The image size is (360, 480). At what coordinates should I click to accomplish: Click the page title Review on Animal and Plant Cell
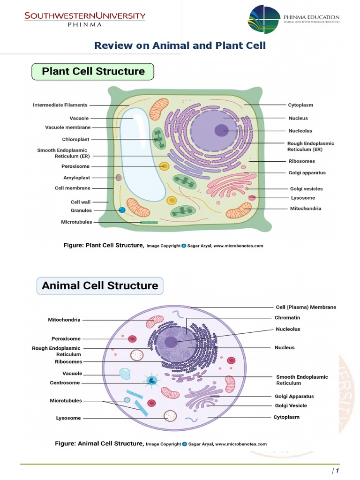pos(180,45)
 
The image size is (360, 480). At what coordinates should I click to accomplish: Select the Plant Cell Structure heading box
pos(93,72)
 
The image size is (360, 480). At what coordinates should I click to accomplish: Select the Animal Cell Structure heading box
pos(100,285)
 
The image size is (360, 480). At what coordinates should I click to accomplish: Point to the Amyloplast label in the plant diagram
pos(76,178)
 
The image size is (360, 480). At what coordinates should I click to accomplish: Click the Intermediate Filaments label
pos(60,105)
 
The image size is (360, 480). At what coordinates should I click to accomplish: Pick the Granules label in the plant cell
pos(81,210)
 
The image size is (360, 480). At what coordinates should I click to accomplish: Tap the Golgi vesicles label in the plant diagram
pos(306,189)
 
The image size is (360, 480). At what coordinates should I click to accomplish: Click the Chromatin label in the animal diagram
pos(287,318)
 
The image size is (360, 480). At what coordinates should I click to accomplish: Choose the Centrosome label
pos(65,382)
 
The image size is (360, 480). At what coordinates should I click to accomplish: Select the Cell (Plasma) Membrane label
pos(305,307)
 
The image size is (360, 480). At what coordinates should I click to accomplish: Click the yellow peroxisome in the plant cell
pos(164,166)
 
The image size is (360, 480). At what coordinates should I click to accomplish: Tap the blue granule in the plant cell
pos(122,210)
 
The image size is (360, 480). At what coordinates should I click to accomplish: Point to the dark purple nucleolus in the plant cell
pos(222,130)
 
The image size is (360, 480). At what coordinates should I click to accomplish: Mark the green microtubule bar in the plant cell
pos(150,222)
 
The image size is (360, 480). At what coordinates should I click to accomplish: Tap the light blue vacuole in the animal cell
pos(125,374)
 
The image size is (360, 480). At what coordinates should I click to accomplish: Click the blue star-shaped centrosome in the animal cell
pos(152,380)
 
